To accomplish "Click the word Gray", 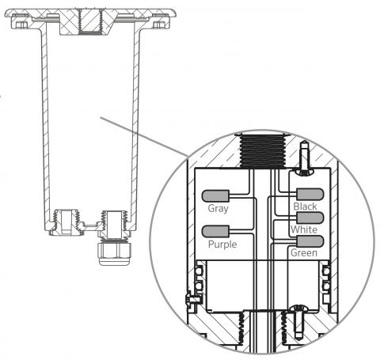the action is tap(218, 209).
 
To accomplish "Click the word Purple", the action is tap(222, 244).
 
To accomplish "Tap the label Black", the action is tap(305, 207).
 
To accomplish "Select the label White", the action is tap(304, 229).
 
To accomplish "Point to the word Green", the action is tap(304, 252).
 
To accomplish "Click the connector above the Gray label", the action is tap(215, 196).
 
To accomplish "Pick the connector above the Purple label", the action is tap(215, 231).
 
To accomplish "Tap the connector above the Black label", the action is tap(310, 195).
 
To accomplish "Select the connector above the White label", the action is tap(310, 218).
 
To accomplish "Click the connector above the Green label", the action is tap(310, 241).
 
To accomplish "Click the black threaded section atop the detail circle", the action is tap(263, 151).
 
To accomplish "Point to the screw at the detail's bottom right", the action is tap(298, 321).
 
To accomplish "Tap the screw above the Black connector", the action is tap(304, 158).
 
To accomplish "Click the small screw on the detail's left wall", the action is tap(193, 300).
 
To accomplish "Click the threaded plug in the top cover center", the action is tap(90, 21).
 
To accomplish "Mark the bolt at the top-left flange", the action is tap(21, 25).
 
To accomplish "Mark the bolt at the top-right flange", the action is tap(158, 25).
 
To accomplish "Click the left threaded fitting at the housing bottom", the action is tap(66, 222).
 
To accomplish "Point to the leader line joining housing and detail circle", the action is tap(144, 137).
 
